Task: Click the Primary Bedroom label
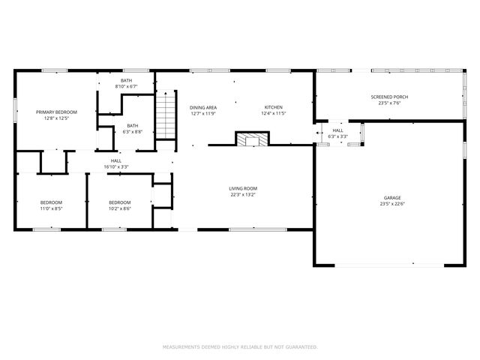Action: (x=56, y=112)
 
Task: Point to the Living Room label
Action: (x=244, y=188)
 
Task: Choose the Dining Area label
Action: (x=202, y=107)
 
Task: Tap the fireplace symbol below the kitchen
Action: (x=250, y=139)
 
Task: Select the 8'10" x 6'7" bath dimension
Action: (x=127, y=87)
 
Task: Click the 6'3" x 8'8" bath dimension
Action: (x=133, y=132)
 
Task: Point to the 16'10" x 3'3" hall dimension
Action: (x=116, y=166)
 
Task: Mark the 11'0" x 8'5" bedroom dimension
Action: (x=51, y=209)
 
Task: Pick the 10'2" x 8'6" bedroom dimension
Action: (x=120, y=209)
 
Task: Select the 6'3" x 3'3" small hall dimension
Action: (x=338, y=136)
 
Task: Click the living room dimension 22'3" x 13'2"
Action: (x=244, y=195)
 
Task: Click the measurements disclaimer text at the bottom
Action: (x=240, y=347)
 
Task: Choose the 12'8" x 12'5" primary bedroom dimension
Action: (x=56, y=118)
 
